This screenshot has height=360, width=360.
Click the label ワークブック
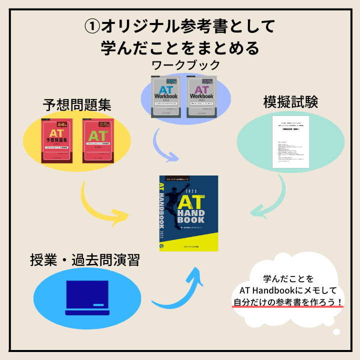point(185,65)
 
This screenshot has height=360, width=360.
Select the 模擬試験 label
point(290,101)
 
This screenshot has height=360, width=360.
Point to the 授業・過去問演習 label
point(84,260)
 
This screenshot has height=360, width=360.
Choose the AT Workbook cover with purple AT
point(202,97)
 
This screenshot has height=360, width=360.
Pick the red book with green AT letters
point(98,141)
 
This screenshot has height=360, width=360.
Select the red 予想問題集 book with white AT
point(56,141)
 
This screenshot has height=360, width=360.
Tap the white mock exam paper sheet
point(290,142)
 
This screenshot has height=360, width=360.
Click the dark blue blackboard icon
point(87,297)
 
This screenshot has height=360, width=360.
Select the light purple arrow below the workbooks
point(167,147)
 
